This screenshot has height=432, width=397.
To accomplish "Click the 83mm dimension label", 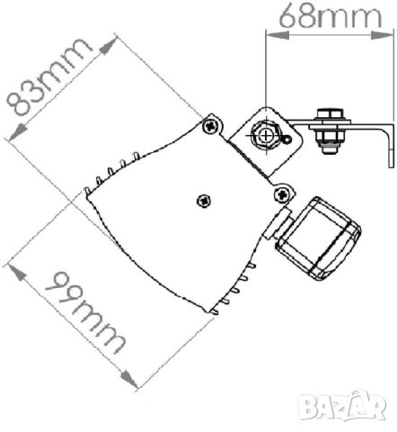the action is click(x=49, y=77).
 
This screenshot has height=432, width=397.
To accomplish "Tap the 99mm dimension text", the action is click(x=85, y=313).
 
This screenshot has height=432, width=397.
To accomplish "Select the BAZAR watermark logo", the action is click(x=342, y=405).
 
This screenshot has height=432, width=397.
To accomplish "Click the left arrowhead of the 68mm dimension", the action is click(x=278, y=36).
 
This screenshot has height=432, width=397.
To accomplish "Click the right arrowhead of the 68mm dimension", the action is click(x=382, y=36).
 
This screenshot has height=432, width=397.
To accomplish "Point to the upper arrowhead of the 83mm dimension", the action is click(x=108, y=46).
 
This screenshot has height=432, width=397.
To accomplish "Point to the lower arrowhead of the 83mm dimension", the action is click(x=17, y=132).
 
